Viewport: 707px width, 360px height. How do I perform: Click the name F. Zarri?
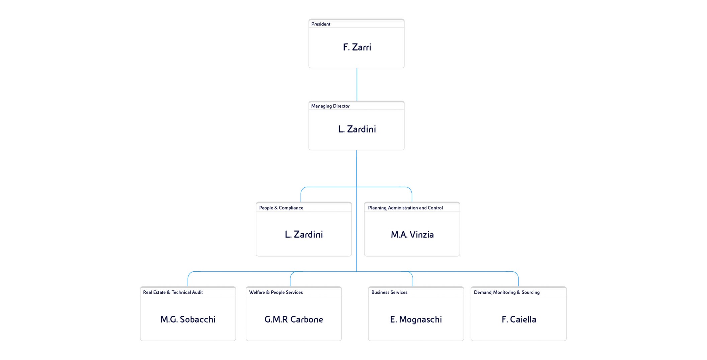[357, 47]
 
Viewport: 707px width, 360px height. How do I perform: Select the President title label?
[321, 24]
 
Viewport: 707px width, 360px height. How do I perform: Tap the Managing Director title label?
[330, 106]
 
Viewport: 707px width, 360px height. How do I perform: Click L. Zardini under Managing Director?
[357, 129]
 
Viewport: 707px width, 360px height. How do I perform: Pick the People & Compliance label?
[281, 208]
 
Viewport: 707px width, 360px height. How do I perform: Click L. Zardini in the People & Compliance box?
[304, 235]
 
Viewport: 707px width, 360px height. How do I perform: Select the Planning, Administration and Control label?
[405, 208]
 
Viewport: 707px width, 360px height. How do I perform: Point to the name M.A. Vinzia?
[412, 235]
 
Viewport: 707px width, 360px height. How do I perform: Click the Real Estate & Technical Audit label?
[173, 292]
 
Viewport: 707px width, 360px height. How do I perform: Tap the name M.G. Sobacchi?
[188, 320]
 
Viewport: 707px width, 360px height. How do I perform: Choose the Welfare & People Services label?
[276, 292]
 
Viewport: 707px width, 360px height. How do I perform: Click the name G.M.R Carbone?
[294, 320]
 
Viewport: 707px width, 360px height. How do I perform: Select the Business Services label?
[389, 292]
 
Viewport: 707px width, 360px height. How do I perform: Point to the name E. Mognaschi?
[416, 320]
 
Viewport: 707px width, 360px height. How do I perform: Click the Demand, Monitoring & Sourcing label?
[507, 292]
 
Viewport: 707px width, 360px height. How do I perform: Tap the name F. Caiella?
[519, 320]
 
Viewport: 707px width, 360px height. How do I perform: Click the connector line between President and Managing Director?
[357, 85]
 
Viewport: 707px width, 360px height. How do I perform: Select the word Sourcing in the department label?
[531, 292]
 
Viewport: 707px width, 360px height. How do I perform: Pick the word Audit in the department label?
[197, 292]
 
